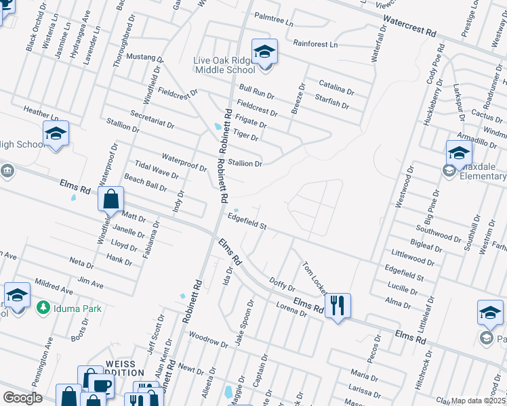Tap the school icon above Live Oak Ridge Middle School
(x=264, y=51)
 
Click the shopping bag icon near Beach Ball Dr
(x=111, y=199)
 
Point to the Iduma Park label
(x=78, y=309)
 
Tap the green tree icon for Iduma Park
(x=43, y=308)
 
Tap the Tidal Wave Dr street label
(x=157, y=170)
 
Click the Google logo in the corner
(x=23, y=398)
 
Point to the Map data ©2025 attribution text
(x=477, y=401)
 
